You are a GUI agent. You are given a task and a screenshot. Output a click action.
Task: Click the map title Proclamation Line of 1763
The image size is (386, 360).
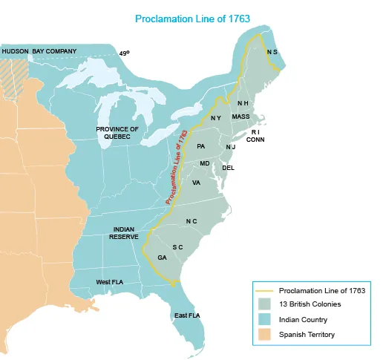click(192, 17)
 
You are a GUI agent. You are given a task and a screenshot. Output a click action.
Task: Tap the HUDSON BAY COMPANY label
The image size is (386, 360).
click(39, 51)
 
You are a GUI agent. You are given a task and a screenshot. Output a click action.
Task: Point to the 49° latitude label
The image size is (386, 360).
click(124, 53)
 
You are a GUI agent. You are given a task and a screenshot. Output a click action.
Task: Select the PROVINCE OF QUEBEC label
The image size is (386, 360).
click(117, 134)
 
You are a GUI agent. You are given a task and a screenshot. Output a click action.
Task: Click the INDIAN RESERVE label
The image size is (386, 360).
click(124, 233)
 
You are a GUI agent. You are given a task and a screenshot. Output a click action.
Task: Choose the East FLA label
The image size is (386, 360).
click(186, 315)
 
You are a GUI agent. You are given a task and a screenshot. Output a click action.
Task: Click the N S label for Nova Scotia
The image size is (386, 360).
click(272, 53)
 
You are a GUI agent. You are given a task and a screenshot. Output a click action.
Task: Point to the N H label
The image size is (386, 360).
click(243, 103)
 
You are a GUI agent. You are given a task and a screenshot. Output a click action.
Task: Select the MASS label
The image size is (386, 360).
click(241, 117)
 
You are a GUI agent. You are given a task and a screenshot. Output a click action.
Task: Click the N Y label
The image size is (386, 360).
click(215, 118)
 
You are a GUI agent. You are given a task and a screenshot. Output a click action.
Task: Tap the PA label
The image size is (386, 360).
click(200, 146)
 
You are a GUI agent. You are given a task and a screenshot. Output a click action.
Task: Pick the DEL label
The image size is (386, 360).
click(229, 168)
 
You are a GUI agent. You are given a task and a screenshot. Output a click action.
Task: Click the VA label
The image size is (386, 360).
click(196, 183)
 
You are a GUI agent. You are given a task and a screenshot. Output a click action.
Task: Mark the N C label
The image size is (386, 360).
click(191, 222)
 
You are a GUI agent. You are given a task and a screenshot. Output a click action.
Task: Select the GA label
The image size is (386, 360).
click(162, 258)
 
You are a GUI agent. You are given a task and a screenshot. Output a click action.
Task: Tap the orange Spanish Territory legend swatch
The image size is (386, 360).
click(264, 334)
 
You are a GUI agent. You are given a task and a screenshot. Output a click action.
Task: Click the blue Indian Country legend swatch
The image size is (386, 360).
click(264, 319)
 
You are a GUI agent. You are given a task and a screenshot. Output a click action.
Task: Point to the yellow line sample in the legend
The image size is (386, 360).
click(264, 290)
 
